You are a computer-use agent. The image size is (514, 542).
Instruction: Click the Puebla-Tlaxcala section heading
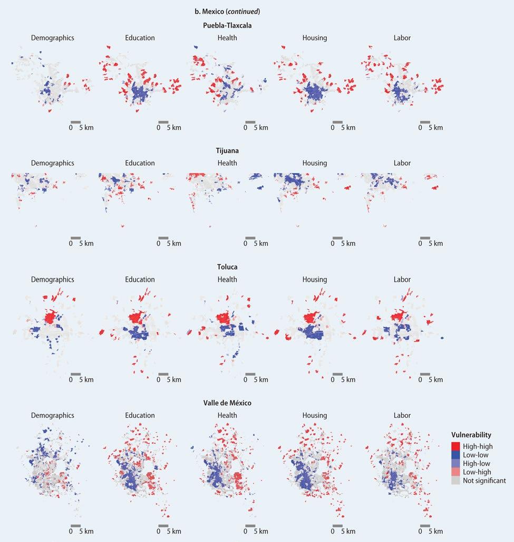[x=227, y=25]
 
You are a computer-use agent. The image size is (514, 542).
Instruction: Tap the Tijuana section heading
[x=227, y=150]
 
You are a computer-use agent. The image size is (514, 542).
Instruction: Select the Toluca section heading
[x=227, y=267]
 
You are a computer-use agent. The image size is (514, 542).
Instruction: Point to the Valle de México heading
[x=227, y=403]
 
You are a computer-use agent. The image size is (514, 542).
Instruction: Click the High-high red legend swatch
[x=455, y=446]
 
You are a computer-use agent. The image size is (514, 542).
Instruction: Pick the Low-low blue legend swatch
[x=455, y=455]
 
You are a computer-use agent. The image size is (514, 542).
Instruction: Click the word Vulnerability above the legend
[x=471, y=435]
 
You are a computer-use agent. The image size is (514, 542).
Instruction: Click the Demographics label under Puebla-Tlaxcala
[x=53, y=38]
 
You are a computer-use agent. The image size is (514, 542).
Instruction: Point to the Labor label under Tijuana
[x=402, y=163]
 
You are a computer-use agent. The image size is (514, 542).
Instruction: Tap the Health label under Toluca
[x=227, y=280]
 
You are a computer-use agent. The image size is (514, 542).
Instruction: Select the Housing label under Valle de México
[x=315, y=415]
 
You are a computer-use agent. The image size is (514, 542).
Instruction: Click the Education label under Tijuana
[x=140, y=163]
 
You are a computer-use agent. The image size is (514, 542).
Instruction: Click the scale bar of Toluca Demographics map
[x=75, y=374]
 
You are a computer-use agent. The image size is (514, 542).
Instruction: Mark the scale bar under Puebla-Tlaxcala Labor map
[x=425, y=122]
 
